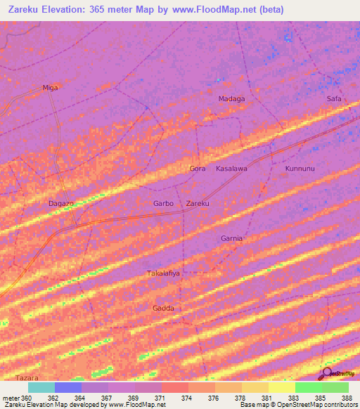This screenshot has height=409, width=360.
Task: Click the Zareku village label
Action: point(198,204)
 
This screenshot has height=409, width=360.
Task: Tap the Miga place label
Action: point(50,87)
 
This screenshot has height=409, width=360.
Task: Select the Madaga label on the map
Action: point(231,99)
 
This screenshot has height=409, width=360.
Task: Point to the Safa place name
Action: point(333,99)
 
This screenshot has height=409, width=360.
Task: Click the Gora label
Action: point(198,169)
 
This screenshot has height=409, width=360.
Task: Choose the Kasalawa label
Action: point(231,169)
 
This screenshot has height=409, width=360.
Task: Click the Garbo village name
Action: point(164,204)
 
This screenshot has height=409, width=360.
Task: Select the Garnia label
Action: point(231,238)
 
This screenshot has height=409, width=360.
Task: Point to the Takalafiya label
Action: point(164,273)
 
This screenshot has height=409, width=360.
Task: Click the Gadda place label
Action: point(163,308)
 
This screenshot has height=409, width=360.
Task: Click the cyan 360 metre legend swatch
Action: point(41,387)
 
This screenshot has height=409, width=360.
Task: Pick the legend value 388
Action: point(345,398)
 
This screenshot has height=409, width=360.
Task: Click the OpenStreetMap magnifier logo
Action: point(326,372)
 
